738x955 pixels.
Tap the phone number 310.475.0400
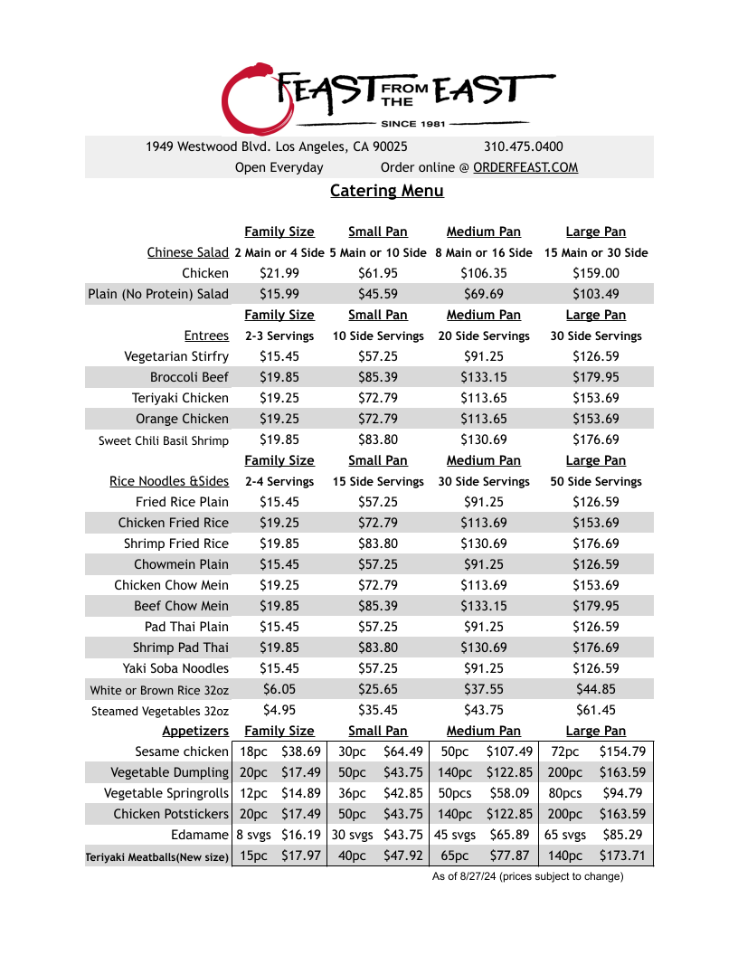click(523, 147)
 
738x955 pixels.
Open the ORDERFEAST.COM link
click(525, 167)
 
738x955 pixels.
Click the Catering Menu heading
click(387, 191)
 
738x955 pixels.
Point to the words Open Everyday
click(279, 167)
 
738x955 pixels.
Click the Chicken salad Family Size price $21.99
click(279, 273)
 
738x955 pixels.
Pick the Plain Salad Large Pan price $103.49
click(595, 294)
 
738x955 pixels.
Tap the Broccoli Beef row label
click(189, 377)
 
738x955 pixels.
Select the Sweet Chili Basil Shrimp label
click(164, 440)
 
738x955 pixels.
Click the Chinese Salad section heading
click(188, 252)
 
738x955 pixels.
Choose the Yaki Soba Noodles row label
click(175, 668)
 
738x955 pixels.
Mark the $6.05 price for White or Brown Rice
click(279, 689)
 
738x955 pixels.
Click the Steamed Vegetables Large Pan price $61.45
click(595, 710)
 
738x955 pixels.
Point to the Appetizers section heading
click(195, 731)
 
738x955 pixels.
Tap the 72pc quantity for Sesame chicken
click(564, 752)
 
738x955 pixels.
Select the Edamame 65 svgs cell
click(565, 835)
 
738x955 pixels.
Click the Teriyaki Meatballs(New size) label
click(157, 856)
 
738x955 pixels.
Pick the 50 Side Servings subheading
click(595, 481)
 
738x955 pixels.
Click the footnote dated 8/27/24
click(527, 876)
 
